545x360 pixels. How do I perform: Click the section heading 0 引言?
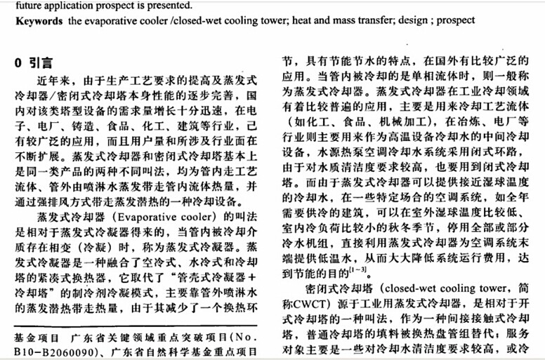32,62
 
